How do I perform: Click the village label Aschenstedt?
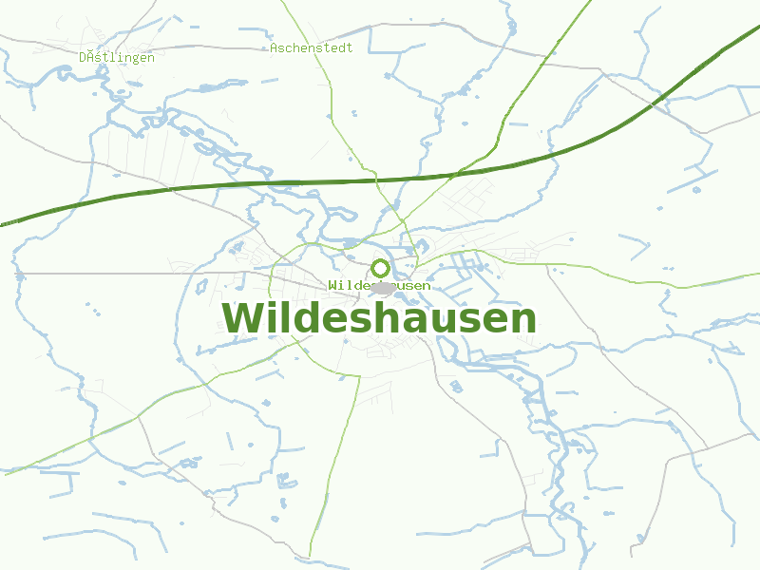(x=311, y=47)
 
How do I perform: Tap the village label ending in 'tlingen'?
(x=117, y=57)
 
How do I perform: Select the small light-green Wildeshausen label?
(x=379, y=285)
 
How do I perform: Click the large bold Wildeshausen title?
(x=379, y=318)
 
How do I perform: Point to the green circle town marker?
(x=380, y=268)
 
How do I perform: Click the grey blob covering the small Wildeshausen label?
(x=383, y=286)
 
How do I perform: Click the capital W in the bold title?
(x=241, y=319)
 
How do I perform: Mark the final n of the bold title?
(x=523, y=321)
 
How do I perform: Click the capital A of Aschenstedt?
(x=274, y=47)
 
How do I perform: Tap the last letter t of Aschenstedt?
(x=349, y=47)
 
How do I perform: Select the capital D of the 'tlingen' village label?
(x=84, y=57)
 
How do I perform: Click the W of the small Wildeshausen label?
(x=332, y=285)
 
